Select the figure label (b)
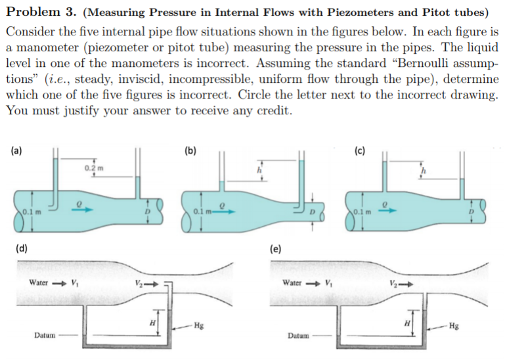pos(190,150)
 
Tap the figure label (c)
pos(359,150)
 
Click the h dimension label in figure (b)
pos(262,169)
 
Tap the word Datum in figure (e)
pos(299,336)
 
